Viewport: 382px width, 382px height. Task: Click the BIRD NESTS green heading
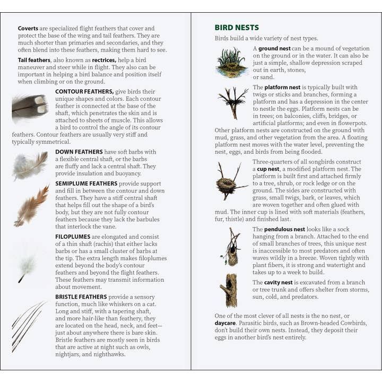click(237, 28)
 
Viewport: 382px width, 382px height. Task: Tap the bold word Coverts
click(28, 28)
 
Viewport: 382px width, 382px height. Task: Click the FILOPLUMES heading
click(72, 237)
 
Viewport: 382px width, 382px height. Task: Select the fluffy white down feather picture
click(30, 166)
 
